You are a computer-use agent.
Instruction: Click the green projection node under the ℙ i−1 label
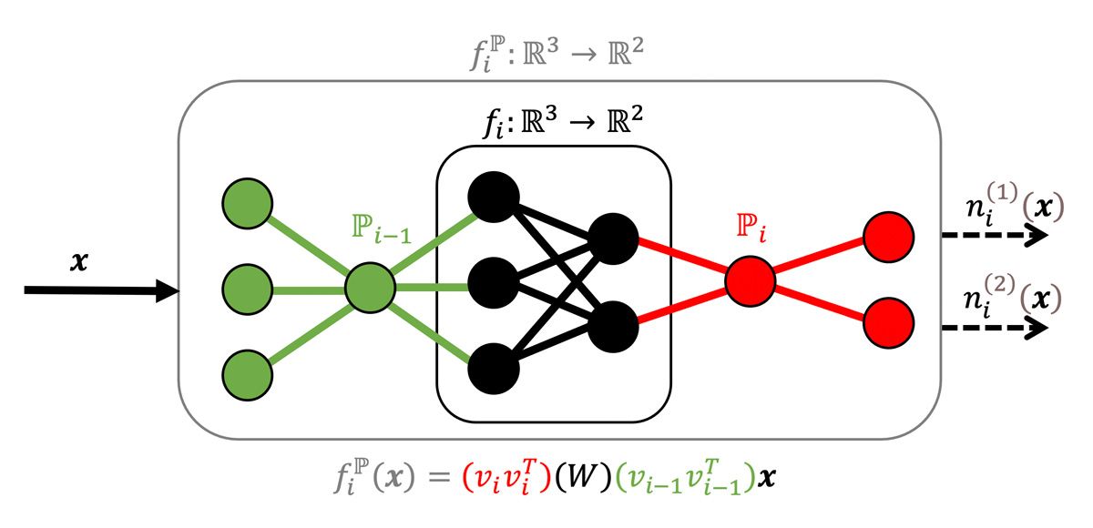(371, 289)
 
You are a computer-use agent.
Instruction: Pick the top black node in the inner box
(493, 196)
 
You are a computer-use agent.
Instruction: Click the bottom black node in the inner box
(493, 369)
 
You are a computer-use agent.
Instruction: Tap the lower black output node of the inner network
(612, 326)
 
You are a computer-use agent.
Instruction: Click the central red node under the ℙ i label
(751, 279)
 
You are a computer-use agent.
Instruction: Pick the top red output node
(888, 237)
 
